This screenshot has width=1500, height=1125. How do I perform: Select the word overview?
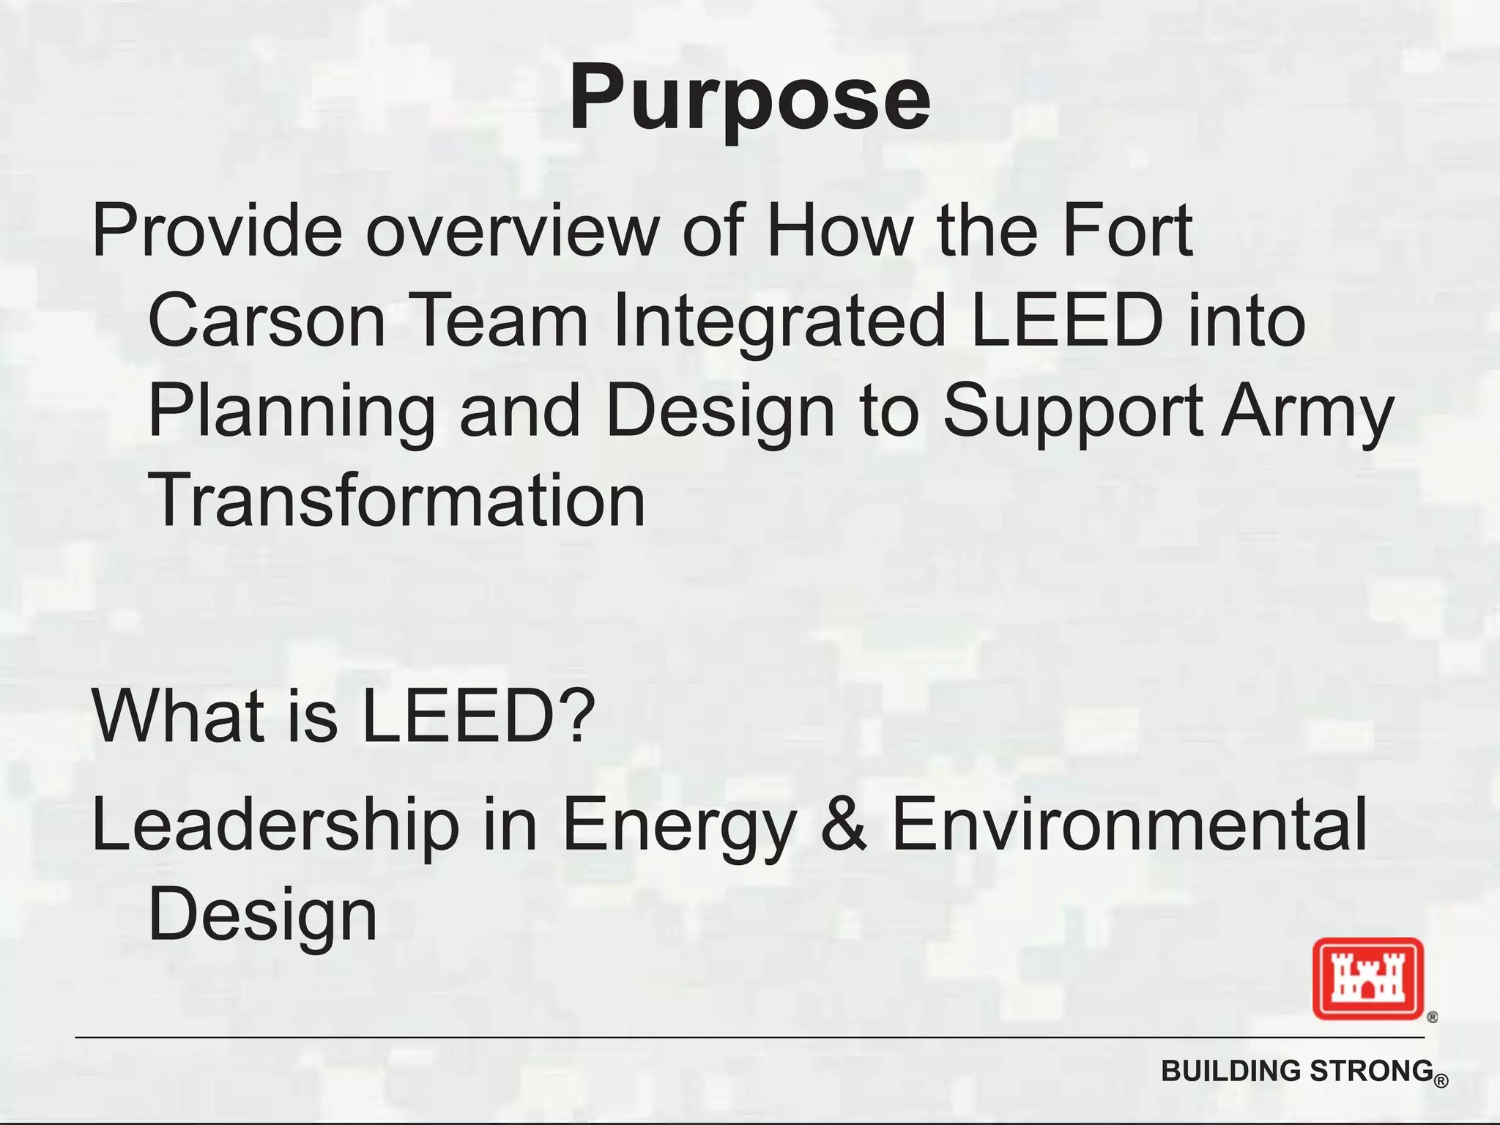pos(512,231)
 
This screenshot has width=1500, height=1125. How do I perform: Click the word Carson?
pos(267,321)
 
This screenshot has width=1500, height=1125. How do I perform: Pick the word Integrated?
pos(779,321)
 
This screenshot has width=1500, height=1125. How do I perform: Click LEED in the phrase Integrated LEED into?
pos(1066,321)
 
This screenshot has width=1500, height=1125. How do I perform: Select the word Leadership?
pos(275,826)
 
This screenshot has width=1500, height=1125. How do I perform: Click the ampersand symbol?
pos(844,826)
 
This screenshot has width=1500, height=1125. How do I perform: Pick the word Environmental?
pos(1129,826)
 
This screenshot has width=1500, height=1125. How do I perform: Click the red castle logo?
pos(1367,979)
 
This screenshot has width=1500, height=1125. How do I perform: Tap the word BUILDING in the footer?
pos(1231,1071)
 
